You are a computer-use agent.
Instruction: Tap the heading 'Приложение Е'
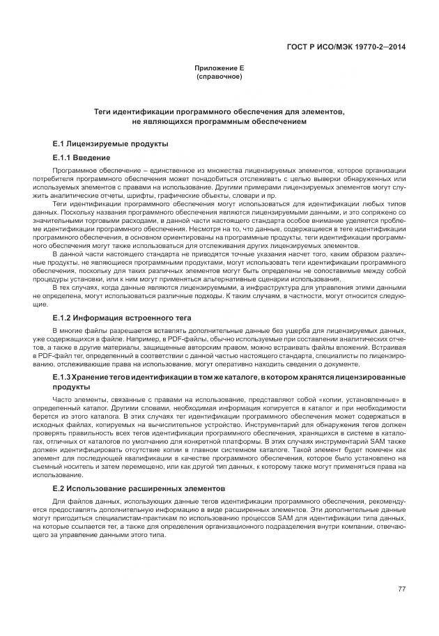click(x=219, y=68)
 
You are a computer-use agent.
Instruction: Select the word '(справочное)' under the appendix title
click(x=219, y=77)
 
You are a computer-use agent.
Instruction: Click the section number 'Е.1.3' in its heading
click(x=63, y=377)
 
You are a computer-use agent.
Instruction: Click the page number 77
click(x=402, y=589)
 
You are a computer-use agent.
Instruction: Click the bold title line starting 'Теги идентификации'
click(x=219, y=111)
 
